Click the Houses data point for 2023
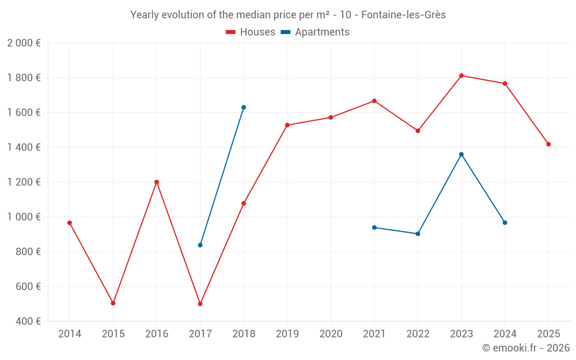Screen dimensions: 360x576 coord(461,75)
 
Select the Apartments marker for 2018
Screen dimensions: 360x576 coord(244,107)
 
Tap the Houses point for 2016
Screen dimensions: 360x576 coord(157,182)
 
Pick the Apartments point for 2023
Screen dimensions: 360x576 coord(461,154)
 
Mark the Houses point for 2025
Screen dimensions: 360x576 coord(548,144)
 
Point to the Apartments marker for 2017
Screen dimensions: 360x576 coord(200,245)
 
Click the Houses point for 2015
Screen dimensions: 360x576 coord(113,303)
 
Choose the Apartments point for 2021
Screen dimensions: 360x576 coord(374,228)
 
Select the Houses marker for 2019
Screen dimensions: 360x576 coord(287,125)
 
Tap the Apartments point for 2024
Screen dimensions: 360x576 coord(505,222)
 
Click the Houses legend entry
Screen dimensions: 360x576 coord(251,32)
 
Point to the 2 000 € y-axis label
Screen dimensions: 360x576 coord(24,43)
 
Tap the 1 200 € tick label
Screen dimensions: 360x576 coord(24,182)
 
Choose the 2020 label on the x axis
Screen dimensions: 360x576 coord(331,334)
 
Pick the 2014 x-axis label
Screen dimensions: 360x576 coord(70,334)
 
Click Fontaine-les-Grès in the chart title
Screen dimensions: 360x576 coord(403,15)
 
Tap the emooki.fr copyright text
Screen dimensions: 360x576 coord(526,348)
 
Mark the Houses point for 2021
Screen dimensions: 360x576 coord(374,101)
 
